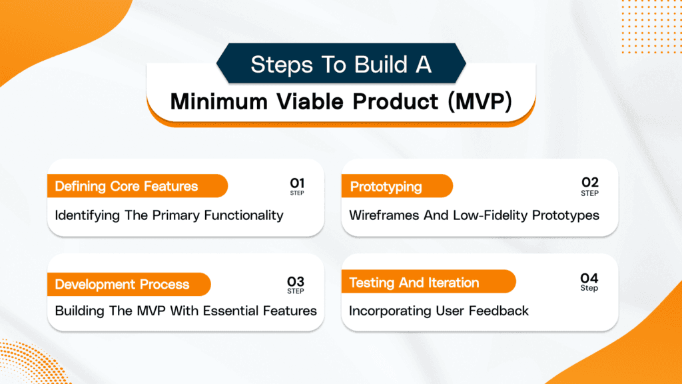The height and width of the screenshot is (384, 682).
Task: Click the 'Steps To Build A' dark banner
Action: (x=341, y=65)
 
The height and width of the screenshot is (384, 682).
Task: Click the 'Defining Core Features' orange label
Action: (x=127, y=186)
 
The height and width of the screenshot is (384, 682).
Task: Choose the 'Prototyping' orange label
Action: (x=386, y=186)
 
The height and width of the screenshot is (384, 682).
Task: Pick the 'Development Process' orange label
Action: (x=122, y=285)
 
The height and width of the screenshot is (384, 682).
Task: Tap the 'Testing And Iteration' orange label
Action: (x=414, y=283)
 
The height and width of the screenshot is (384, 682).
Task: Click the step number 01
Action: (x=296, y=183)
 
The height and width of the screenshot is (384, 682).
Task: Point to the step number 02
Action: (x=589, y=183)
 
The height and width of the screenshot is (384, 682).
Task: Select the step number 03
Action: (x=296, y=281)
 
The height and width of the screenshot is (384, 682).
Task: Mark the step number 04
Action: (x=589, y=279)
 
